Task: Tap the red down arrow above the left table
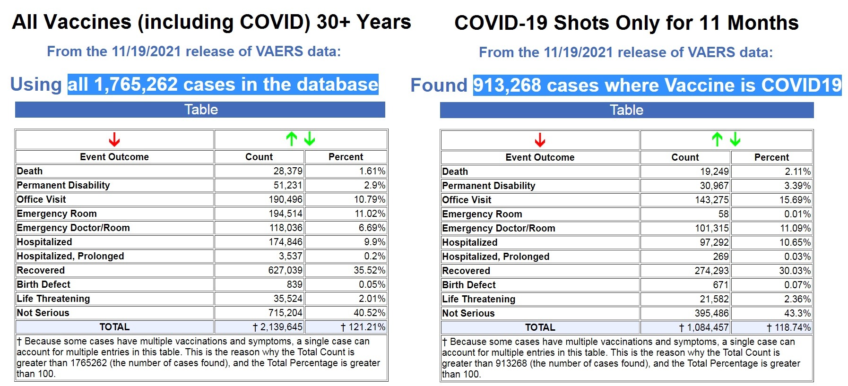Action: pos(114,140)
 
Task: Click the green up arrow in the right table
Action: pos(717,139)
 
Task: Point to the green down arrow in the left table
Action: pos(310,139)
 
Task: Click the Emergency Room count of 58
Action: pos(723,214)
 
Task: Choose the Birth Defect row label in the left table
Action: pos(43,284)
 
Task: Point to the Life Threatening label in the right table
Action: pos(478,299)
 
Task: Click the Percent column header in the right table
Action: pos(771,157)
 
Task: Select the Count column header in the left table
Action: pos(259,157)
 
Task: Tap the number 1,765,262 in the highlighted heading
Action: pos(136,85)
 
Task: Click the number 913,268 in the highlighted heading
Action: pos(507,86)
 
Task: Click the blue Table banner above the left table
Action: pos(200,110)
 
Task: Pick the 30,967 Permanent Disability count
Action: pos(714,186)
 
